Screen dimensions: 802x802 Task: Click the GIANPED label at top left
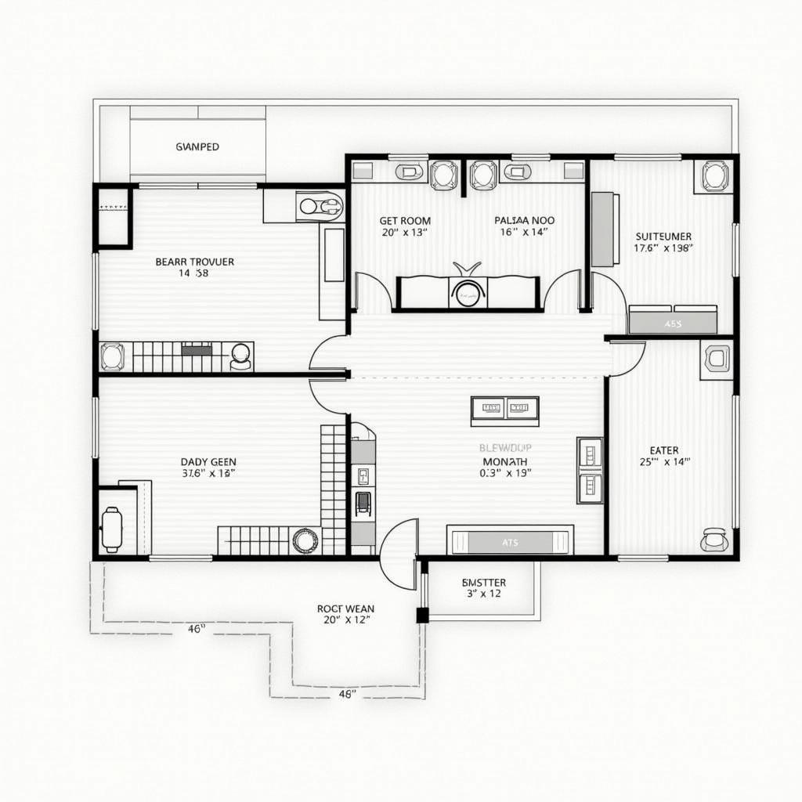197,146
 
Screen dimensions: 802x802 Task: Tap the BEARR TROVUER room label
194,262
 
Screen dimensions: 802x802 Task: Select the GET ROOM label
405,221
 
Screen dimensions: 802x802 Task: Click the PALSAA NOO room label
524,221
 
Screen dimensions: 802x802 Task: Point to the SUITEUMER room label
663,236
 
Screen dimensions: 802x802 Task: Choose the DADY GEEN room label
208,462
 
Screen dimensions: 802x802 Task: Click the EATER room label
664,450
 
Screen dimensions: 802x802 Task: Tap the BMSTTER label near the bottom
483,583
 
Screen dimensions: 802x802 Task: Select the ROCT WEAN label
345,608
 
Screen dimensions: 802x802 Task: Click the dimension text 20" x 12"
345,620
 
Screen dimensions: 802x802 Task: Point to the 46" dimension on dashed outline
196,628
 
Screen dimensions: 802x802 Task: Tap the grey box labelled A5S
673,323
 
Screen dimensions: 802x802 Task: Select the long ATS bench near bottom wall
510,541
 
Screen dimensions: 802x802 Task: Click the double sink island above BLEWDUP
504,408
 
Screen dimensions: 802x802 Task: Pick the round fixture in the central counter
468,293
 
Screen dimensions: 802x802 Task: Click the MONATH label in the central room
504,461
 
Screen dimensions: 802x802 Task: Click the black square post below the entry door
422,615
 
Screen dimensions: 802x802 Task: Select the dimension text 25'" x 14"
664,462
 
